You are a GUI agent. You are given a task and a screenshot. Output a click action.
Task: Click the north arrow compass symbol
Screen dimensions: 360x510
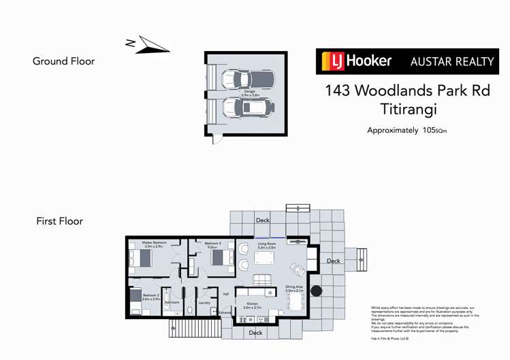tap(147, 44)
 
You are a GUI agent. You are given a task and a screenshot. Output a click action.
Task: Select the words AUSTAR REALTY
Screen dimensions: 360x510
tap(451, 61)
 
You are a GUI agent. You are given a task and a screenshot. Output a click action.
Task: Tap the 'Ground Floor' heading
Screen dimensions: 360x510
tap(63, 61)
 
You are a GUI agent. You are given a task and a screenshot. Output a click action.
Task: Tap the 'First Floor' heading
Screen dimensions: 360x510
tap(59, 221)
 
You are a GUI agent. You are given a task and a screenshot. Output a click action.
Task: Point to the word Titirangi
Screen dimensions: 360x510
tap(407, 109)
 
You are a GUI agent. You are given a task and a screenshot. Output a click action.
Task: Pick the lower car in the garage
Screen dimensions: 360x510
tap(249, 107)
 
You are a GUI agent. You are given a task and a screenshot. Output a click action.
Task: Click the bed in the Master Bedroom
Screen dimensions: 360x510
tap(142, 258)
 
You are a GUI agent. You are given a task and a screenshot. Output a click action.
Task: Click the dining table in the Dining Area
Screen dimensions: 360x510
tap(295, 301)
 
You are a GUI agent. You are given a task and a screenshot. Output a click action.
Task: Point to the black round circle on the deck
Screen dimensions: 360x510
tap(316, 291)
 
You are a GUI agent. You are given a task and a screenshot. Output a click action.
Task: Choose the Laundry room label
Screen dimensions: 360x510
tap(204, 302)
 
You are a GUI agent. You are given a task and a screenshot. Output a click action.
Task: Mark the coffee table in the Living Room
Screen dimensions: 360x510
tap(262, 279)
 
